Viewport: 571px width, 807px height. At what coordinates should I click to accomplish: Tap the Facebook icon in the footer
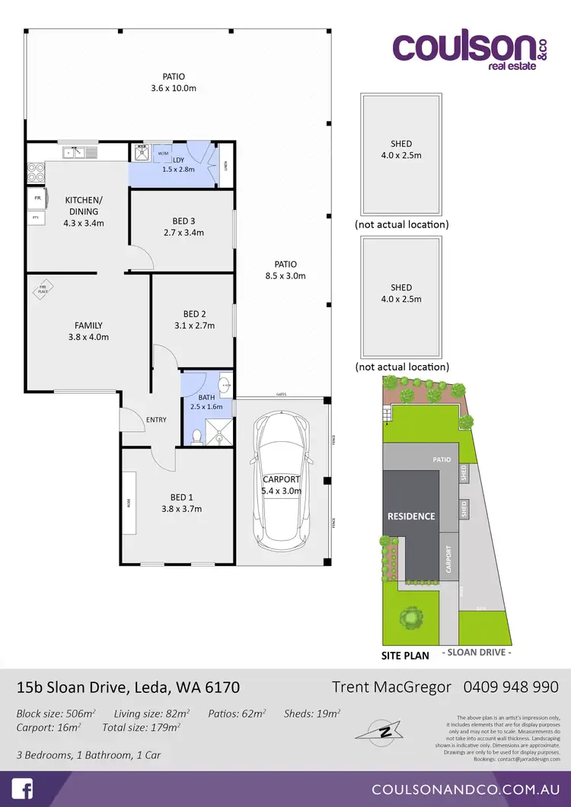21,788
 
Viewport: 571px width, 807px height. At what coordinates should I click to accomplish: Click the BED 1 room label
181,504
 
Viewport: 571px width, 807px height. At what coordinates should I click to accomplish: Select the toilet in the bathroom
197,436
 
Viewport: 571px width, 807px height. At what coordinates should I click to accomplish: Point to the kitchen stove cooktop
35,173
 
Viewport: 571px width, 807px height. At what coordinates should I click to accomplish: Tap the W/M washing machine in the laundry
164,154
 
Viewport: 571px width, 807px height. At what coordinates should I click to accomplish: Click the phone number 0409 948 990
510,687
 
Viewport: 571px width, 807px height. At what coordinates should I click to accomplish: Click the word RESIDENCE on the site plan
411,516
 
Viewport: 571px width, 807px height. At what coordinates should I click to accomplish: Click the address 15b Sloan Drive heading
128,688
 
